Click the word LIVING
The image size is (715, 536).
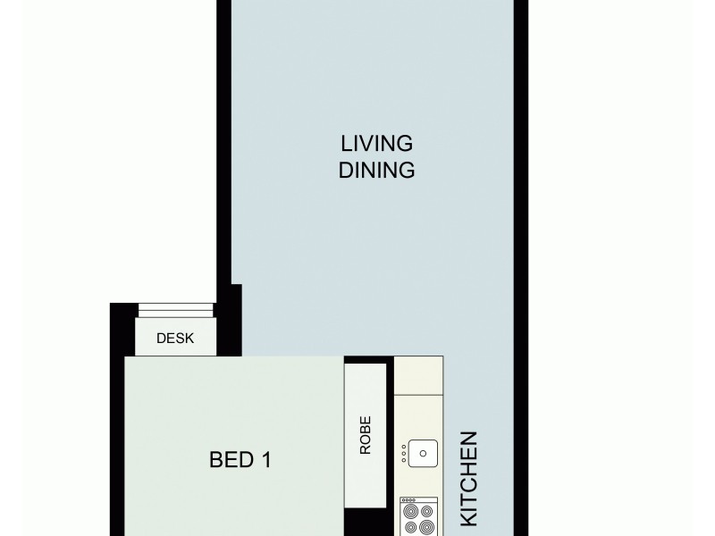(x=376, y=143)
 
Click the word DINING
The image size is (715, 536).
(x=376, y=171)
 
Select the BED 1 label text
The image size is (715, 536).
(x=240, y=460)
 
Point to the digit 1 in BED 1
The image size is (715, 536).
(x=265, y=460)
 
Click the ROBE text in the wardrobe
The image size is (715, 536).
(x=366, y=436)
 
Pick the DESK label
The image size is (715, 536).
(x=175, y=339)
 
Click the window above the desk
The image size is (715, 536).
(x=175, y=310)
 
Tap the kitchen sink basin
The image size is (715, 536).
(x=424, y=454)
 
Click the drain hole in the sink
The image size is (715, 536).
(x=424, y=454)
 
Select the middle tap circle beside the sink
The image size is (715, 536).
(x=405, y=454)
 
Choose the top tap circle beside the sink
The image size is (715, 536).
(x=405, y=447)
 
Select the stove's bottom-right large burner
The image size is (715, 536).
(x=426, y=527)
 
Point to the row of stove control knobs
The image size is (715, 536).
(x=408, y=500)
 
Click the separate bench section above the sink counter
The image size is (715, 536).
(x=419, y=376)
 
